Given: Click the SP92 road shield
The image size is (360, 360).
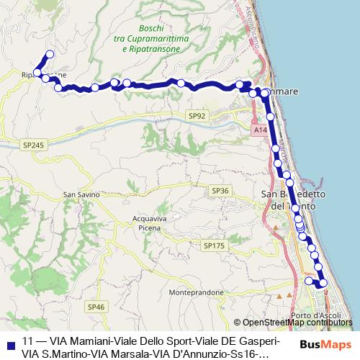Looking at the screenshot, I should (x=197, y=116).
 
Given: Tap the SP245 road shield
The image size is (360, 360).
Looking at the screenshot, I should (x=33, y=145).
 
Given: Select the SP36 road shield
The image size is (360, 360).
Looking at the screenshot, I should (x=220, y=190).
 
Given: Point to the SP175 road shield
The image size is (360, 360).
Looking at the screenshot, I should (x=214, y=246).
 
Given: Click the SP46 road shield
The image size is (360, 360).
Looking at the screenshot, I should (x=96, y=307).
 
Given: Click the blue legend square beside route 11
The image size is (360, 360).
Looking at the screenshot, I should (x=8, y=342).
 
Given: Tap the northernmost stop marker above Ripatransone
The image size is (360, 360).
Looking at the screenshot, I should (x=50, y=53).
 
